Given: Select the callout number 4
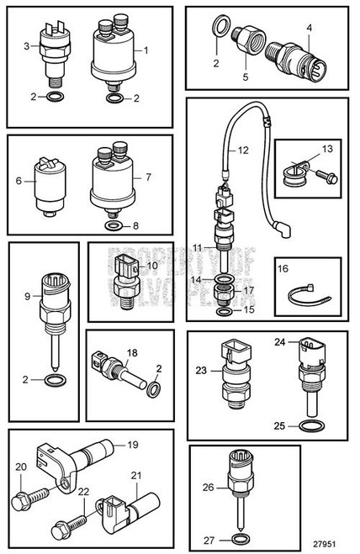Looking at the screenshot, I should coord(309,28).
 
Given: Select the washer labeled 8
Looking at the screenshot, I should coord(112,226).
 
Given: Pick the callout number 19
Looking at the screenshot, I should coord(131,444).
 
